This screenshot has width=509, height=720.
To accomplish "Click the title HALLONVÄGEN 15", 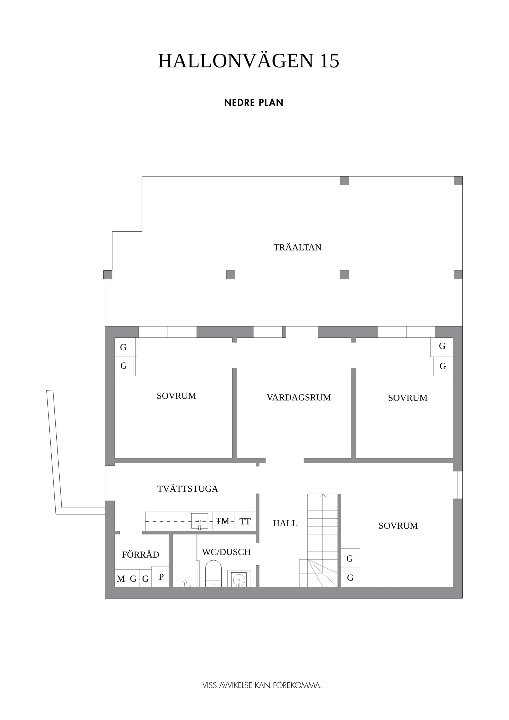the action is [248, 61].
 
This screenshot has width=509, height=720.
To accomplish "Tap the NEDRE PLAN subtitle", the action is [254, 103].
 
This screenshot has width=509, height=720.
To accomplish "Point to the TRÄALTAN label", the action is [297, 247].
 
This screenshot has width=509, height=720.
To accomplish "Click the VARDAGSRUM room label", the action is [299, 397].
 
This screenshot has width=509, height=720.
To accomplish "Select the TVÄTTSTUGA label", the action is [188, 489].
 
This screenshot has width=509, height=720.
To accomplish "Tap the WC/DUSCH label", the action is [226, 552].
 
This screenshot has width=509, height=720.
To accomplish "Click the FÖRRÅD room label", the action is [140, 555].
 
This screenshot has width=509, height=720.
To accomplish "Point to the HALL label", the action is [285, 523].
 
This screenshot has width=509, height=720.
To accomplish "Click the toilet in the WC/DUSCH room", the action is [213, 573].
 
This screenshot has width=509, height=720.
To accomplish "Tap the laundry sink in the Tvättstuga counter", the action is [199, 521].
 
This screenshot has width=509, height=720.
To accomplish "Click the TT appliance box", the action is [245, 521].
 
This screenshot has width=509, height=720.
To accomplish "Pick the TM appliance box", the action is [223, 521].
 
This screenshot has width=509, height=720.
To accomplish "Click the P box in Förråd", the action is [161, 576].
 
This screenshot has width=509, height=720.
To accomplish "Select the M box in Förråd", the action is [121, 578].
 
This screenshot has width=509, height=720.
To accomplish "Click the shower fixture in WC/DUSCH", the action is [185, 584].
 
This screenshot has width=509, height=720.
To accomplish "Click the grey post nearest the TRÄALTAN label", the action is [344, 275].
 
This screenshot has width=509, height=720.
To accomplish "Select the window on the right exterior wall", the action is [458, 485].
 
